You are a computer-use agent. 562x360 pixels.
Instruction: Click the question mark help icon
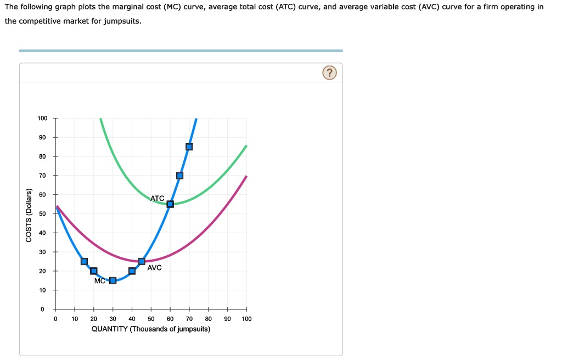pos(329,73)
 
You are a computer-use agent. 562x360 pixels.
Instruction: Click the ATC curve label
pos(158,198)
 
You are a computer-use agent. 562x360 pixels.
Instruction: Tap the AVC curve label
pos(155,268)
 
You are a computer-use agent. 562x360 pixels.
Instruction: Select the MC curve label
pos(99,281)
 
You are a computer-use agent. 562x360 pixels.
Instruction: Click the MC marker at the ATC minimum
pos(170,204)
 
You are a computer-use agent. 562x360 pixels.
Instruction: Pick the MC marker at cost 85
pos(189,147)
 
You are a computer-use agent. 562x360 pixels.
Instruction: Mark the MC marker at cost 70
pos(179,176)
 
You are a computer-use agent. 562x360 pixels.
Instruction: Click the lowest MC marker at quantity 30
pos(113,280)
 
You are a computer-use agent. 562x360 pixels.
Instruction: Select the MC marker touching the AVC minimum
pos(142,261)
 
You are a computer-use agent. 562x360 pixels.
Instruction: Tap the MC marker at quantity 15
pos(84,261)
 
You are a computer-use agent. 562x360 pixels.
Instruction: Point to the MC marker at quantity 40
pos(132,271)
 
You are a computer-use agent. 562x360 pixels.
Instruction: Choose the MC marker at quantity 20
pos(93,271)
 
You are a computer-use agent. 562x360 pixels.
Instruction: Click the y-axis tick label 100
pos(42,119)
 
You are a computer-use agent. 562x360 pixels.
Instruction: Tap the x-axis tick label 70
pos(189,318)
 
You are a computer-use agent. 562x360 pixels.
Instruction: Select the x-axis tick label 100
pos(246,318)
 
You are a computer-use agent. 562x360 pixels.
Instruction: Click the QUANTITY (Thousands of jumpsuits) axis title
pos(150,329)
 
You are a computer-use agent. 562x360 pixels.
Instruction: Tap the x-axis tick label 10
pos(75,318)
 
